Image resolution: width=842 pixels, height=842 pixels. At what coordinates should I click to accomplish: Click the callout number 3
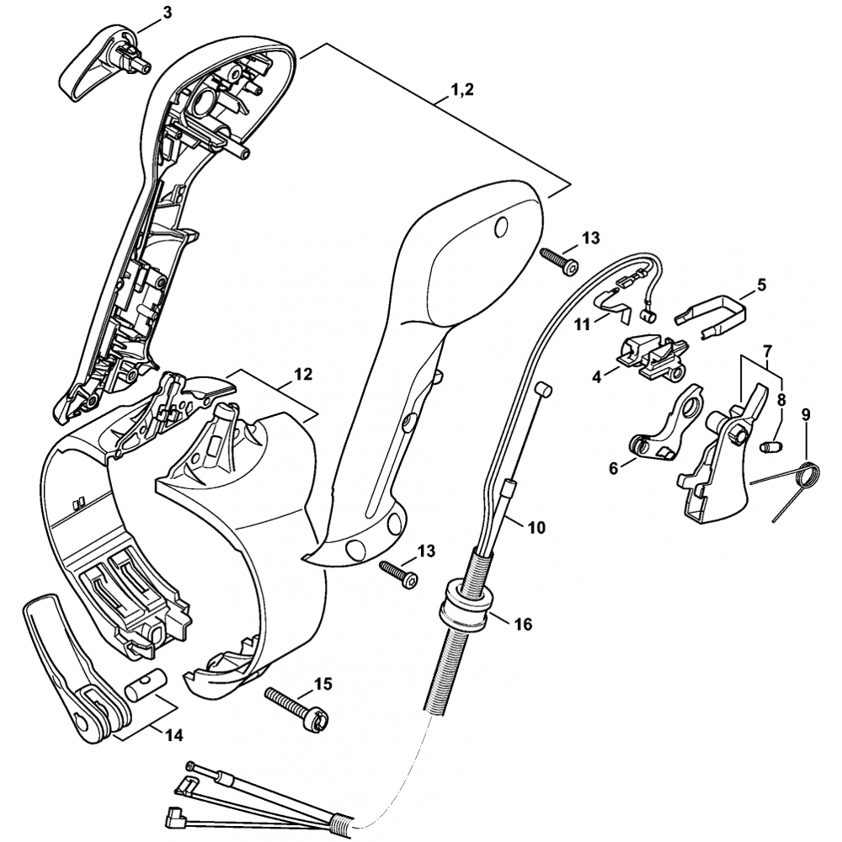pyautogui.click(x=168, y=13)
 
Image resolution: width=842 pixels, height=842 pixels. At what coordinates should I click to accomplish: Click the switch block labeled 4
pyautogui.click(x=651, y=354)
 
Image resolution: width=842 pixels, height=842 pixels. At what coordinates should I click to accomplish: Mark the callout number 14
pyautogui.click(x=173, y=734)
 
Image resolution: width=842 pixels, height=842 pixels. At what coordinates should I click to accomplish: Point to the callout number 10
pyautogui.click(x=536, y=528)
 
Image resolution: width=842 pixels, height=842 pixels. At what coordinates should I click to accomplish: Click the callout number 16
pyautogui.click(x=523, y=624)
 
